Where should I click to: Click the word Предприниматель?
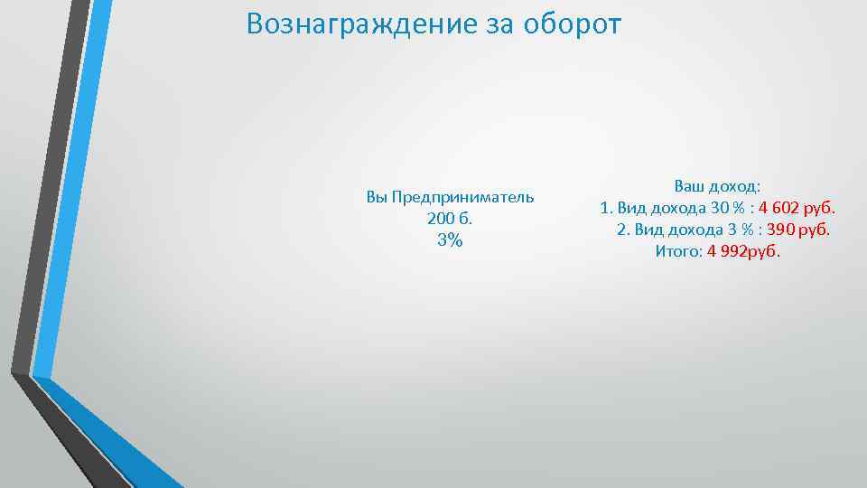462,197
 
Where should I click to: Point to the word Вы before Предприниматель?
377,197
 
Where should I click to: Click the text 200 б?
449,219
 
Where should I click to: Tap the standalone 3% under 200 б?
449,240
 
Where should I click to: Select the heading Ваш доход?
717,187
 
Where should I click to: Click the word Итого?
674,251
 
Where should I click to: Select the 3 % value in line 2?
736,230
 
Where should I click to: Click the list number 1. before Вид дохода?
605,209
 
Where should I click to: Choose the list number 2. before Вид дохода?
622,230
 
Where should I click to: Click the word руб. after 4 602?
827,209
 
